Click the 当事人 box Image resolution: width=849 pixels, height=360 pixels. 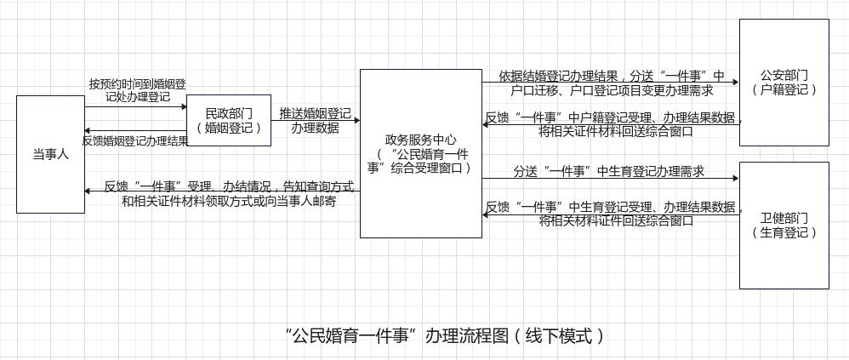point(50,154)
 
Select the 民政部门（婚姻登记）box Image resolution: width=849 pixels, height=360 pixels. point(229,120)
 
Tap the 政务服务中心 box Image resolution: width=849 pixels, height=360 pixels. point(420,153)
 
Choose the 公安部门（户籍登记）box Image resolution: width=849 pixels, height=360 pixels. point(783,82)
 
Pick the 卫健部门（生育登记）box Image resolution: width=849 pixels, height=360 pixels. point(783,225)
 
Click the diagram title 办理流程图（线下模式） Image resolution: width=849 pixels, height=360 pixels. point(446,335)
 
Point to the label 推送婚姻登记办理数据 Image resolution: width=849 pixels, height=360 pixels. point(315,120)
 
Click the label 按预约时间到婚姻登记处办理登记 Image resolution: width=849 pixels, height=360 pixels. point(137,90)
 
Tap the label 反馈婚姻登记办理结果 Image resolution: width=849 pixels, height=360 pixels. point(135,141)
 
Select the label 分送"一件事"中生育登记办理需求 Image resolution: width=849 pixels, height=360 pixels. point(608,171)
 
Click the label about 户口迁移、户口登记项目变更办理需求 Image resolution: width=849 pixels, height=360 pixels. point(613,83)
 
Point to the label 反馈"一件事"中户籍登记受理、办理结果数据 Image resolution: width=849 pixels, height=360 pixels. point(614,124)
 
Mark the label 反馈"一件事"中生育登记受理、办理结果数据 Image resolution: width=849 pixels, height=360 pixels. point(614,214)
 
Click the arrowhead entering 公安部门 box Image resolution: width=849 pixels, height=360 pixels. point(734,83)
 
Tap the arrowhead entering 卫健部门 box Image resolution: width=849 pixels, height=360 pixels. point(734,179)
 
